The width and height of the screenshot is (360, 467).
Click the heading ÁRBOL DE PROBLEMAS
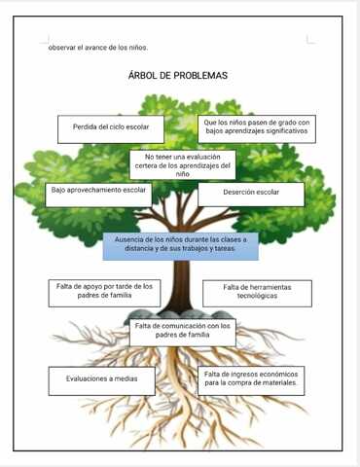[177, 76]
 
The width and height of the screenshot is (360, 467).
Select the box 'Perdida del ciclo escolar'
[110, 128]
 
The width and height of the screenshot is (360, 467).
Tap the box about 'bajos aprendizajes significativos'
[256, 126]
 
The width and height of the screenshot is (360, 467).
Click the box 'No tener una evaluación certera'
[182, 164]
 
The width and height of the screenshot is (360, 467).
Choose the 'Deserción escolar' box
[250, 194]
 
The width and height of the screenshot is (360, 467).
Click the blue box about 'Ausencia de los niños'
[180, 244]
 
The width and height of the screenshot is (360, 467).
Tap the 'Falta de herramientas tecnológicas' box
[257, 292]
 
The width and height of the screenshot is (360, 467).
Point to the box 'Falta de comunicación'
[182, 331]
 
